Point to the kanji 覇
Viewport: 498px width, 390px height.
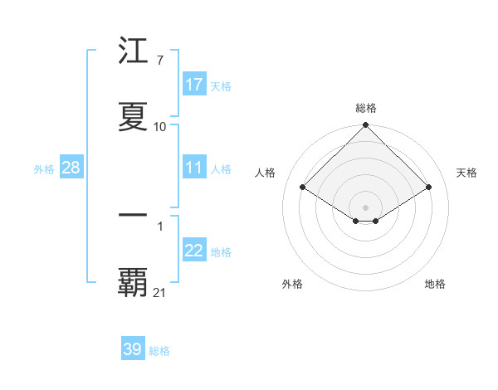133,283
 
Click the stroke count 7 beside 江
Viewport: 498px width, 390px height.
159,61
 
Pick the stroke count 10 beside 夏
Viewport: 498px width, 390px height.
160,127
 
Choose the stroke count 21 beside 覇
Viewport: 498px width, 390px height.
160,292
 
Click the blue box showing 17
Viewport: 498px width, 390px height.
194,85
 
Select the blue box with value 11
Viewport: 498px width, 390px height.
194,168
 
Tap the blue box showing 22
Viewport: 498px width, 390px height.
194,251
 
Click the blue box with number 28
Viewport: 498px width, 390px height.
71,168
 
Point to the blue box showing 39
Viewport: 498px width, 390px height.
132,349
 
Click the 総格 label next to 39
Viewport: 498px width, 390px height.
159,351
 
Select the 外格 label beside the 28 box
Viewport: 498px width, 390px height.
44,169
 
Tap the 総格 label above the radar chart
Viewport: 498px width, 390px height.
366,108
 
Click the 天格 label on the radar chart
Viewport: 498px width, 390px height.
466,173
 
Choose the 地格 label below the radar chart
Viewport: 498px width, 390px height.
435,284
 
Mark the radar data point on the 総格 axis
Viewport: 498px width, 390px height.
366,126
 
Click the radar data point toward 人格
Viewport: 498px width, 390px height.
303,188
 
